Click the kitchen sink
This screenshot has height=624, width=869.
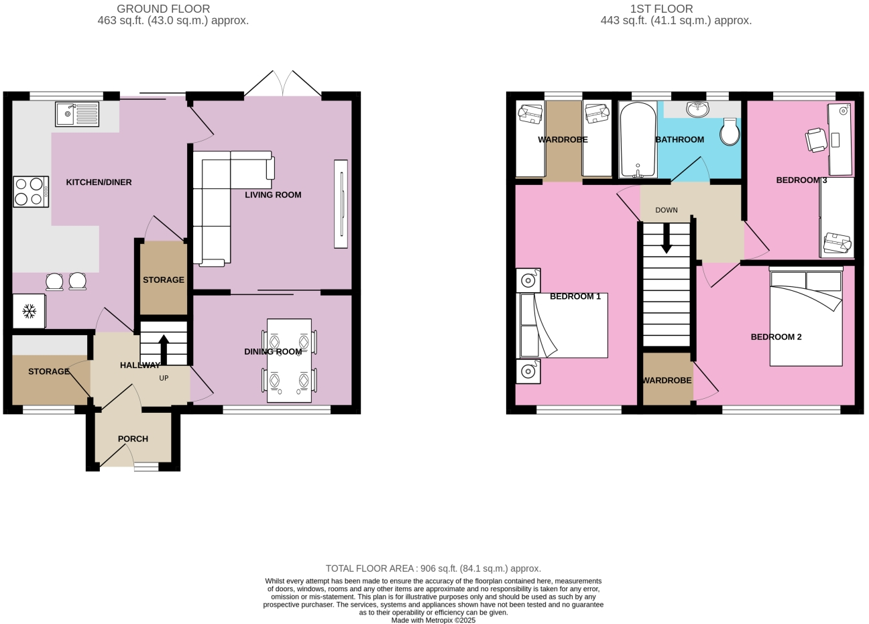click(x=77, y=114)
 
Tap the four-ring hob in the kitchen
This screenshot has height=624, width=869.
click(x=31, y=191)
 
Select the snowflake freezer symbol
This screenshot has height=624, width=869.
click(x=29, y=311)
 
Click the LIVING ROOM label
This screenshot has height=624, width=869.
click(x=273, y=195)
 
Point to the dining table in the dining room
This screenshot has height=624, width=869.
click(x=289, y=361)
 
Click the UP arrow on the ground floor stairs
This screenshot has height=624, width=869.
click(x=164, y=349)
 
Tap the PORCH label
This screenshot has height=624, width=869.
click(x=133, y=439)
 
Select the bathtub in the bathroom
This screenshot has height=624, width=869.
click(x=638, y=139)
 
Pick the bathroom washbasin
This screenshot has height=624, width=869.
click(x=697, y=109)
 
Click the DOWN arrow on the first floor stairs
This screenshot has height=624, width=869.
click(x=666, y=239)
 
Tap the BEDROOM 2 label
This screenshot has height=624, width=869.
click(x=776, y=337)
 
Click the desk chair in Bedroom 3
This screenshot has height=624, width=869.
click(x=816, y=140)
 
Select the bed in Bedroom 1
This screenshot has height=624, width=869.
click(x=563, y=326)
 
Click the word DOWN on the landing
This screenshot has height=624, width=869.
click(x=667, y=210)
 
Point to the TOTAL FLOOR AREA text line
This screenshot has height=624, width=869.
click(x=433, y=568)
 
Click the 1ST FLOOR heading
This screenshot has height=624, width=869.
click(x=661, y=9)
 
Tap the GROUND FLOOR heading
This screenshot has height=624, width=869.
click(x=163, y=9)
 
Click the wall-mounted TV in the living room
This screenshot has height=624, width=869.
click(x=341, y=204)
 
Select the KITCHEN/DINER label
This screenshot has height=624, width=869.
click(x=99, y=182)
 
